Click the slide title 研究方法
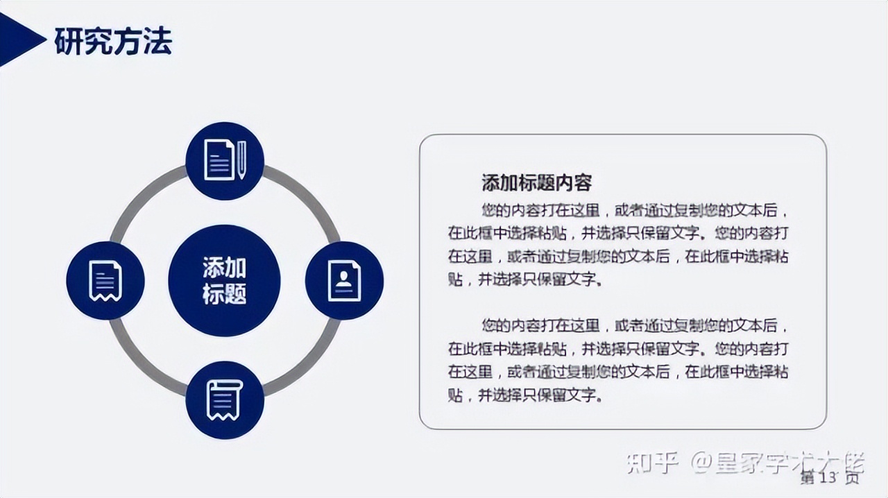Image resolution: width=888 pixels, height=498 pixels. tap(113, 42)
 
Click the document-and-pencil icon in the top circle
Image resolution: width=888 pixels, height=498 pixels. tap(224, 161)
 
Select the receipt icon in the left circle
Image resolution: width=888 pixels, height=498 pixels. tap(105, 280)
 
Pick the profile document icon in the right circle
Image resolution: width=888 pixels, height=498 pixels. tap(344, 280)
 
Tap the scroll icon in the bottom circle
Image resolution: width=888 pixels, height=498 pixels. tap(224, 400)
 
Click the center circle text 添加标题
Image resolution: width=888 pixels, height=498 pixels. tap(224, 280)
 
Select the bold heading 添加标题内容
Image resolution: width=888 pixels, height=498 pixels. tap(536, 183)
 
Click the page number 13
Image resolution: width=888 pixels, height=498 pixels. tap(830, 477)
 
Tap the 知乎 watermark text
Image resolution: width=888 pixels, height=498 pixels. tap(651, 463)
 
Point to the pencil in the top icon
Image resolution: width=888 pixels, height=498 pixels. tap(241, 160)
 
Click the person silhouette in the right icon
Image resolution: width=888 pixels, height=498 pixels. tap(343, 277)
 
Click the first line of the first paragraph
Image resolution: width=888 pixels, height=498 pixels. tap(635, 209)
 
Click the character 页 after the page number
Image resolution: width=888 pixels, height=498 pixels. tap(852, 477)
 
